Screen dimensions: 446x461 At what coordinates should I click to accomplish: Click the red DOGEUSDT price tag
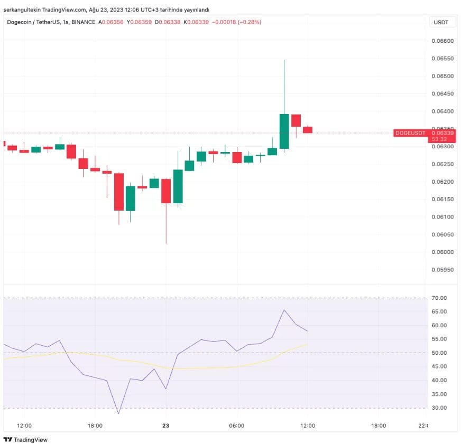tap(411, 133)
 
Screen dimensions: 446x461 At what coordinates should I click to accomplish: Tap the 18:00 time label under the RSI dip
tap(95, 425)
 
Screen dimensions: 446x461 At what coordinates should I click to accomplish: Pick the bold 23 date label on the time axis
tap(165, 425)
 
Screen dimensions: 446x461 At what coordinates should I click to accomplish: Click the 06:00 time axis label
tap(236, 425)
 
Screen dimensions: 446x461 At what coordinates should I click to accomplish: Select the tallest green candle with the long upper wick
tap(284, 131)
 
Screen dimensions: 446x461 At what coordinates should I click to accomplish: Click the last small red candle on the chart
tap(308, 129)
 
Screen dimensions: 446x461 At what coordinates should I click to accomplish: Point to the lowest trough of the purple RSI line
tap(118, 413)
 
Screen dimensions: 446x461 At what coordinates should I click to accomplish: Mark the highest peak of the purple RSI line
tap(284, 310)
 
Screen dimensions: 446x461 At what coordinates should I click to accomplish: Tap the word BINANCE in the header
tap(83, 22)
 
